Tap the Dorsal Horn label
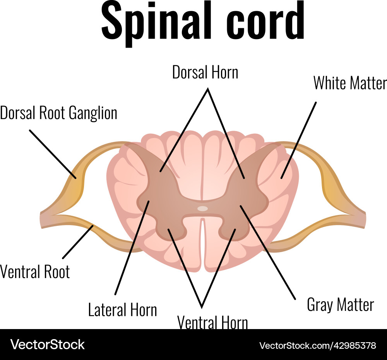(205, 72)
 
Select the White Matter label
(349, 83)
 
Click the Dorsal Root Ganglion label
(59, 113)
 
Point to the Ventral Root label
(35, 272)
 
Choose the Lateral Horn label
(123, 310)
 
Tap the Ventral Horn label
(212, 322)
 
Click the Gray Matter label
(340, 305)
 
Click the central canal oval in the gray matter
(202, 208)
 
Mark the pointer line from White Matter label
(299, 140)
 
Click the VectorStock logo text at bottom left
(48, 344)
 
